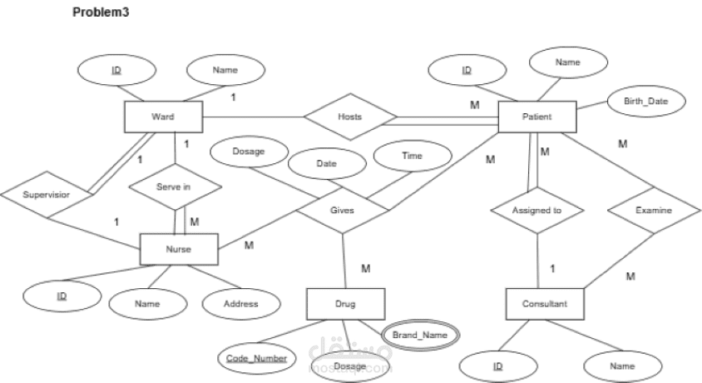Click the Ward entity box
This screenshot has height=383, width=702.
[163, 117]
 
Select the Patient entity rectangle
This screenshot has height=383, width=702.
[536, 117]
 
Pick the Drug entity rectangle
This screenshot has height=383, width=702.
[345, 303]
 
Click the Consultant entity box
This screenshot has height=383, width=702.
[546, 304]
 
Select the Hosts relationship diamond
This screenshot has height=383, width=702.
[350, 117]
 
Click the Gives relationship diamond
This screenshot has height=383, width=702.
[341, 211]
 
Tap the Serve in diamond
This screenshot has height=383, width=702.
[174, 187]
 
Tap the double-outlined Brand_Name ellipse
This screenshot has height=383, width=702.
[420, 334]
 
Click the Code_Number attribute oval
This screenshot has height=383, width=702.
[257, 358]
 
